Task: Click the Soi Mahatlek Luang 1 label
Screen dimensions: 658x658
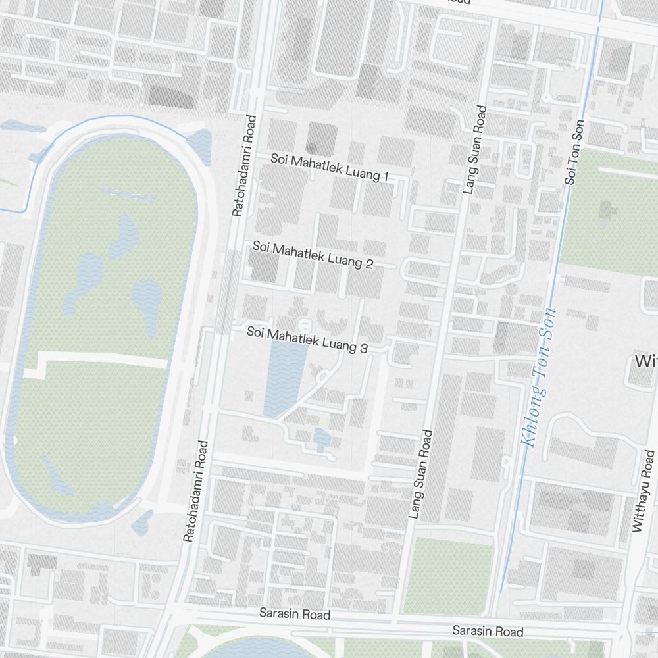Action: point(330,168)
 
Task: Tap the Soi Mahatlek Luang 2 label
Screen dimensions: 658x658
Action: point(313,256)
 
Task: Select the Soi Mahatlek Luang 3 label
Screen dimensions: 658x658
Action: point(307,340)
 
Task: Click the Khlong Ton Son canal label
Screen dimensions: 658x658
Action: point(539,378)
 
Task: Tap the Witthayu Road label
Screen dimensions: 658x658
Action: point(643,491)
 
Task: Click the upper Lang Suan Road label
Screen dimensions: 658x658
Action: point(476,149)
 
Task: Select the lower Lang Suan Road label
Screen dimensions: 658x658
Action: point(420,474)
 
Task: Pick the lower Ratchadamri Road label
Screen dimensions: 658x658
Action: point(195,491)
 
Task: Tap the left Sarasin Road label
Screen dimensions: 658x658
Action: point(294,615)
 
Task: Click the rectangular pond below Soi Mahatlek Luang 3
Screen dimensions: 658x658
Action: point(285,378)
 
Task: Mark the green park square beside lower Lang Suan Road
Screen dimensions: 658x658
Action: point(448,576)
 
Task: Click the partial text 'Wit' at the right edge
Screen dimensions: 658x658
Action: point(645,361)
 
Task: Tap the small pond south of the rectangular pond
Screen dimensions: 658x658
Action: point(320,438)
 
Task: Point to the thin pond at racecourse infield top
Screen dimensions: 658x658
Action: point(128,195)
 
